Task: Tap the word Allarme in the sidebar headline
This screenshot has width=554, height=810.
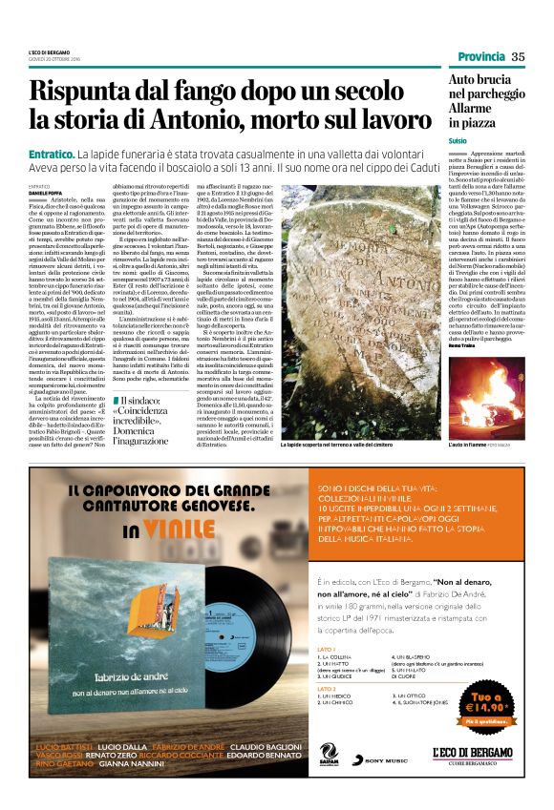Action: coord(474,110)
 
